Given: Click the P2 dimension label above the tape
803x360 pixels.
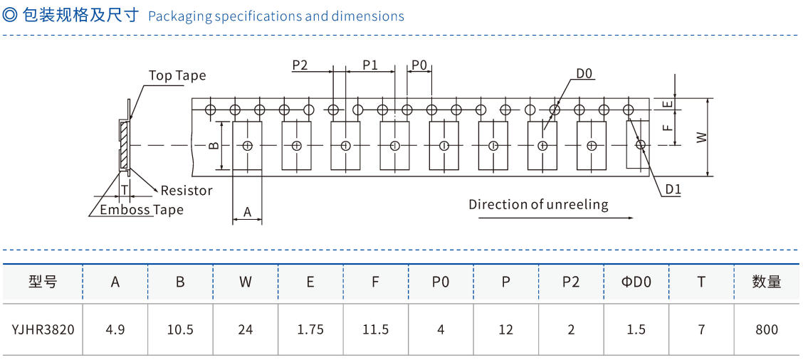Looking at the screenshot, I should pos(300,65).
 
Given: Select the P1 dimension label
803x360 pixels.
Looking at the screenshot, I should pos(370,65).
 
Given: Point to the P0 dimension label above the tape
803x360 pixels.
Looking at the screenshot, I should pos(419,65).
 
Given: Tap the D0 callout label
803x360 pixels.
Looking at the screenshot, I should pos(584,73).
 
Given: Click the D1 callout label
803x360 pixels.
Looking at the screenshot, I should pos(673,189).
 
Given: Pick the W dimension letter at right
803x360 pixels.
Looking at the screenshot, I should pos(702,136).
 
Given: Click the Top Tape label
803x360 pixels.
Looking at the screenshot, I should pos(177,75).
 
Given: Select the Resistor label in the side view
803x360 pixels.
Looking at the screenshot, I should pos(187,190).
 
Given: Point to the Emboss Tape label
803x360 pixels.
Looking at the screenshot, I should pos(142,210).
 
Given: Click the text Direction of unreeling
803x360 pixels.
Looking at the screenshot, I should pos(538,204).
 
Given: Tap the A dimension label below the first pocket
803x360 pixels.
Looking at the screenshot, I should pos(247,212).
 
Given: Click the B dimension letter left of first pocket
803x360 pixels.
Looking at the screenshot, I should pos(214,146).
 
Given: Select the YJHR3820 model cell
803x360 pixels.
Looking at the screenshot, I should pos(43,329).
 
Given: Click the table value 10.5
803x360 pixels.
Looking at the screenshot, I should pos(180,329).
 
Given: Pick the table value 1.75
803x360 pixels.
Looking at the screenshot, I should pos(310,329).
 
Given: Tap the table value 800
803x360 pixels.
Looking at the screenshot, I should pos(766,329).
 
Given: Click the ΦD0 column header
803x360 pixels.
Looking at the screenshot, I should pos(636,282).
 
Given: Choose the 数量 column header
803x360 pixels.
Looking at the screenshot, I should pos(766,282).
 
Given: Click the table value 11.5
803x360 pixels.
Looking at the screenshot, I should pos(375,329).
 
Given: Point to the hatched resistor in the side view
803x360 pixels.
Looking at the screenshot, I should pos(125,145).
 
